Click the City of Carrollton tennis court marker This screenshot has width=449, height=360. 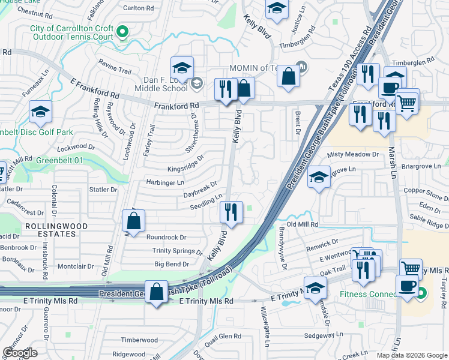(x=123, y=31)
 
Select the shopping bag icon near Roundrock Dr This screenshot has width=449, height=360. (x=133, y=221)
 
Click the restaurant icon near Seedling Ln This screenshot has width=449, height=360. (x=231, y=211)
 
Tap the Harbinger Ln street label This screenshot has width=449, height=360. (x=166, y=182)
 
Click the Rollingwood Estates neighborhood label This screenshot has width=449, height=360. (x=56, y=230)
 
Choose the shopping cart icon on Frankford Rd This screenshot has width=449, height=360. (x=408, y=103)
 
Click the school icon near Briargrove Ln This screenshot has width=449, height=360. (x=319, y=178)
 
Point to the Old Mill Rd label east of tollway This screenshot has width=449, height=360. (x=301, y=224)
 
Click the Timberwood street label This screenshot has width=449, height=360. (x=139, y=340)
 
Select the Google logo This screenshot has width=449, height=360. (x=20, y=353)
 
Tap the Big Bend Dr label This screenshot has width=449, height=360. (x=172, y=263)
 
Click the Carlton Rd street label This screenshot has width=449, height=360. (x=138, y=8)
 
